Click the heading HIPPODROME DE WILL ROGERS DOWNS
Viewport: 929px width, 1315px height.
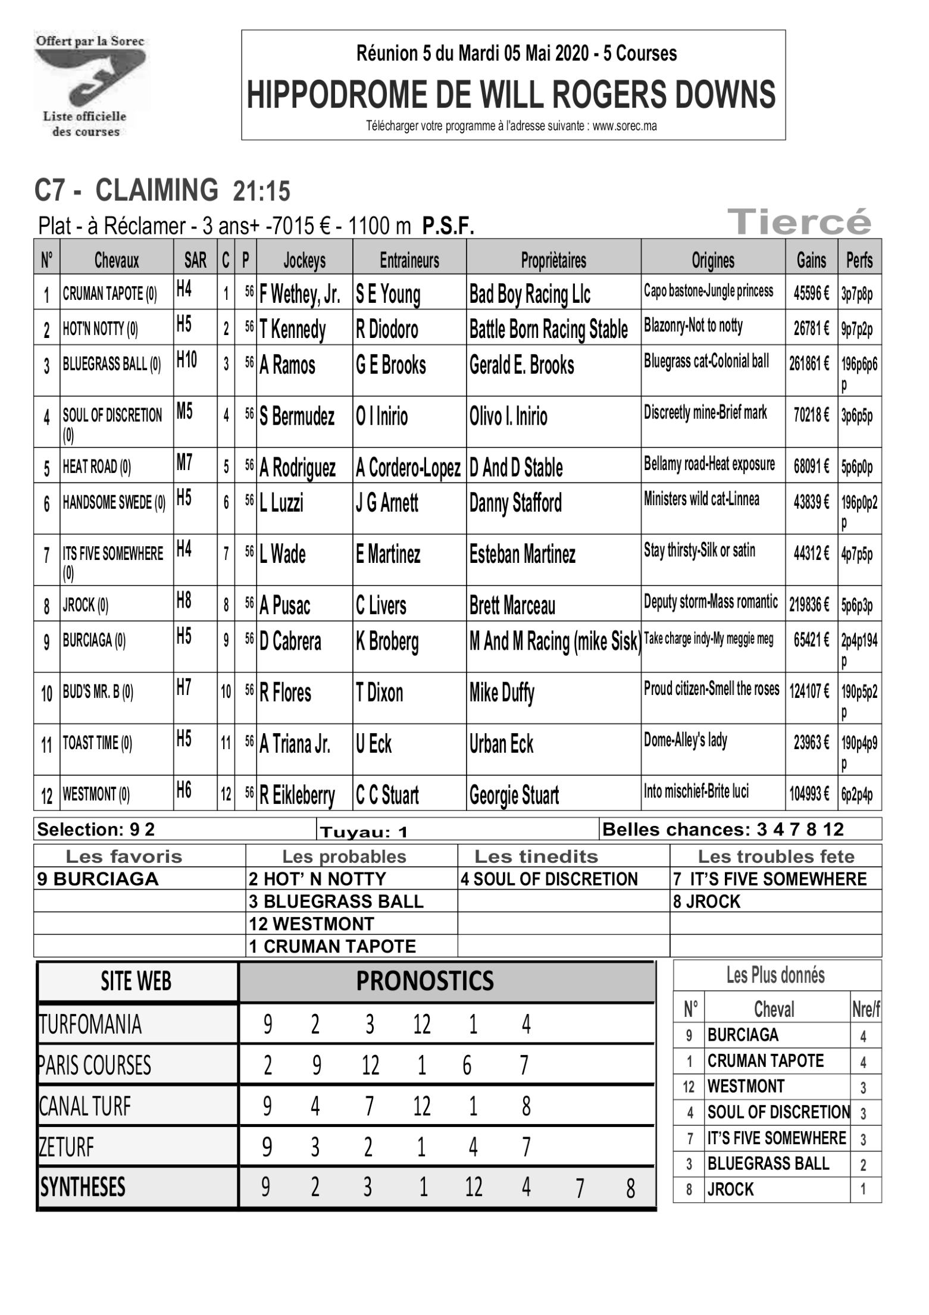point(512,94)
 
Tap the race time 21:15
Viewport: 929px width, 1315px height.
point(261,192)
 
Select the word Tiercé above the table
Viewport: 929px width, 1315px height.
point(803,223)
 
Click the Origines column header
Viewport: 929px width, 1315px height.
point(712,259)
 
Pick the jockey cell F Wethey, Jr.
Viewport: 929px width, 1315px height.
point(300,295)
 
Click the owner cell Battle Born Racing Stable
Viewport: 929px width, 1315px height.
point(548,329)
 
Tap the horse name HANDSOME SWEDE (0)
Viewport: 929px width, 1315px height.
point(114,503)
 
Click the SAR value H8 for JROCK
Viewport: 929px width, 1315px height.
point(184,602)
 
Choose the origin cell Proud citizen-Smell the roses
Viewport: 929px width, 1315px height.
point(711,689)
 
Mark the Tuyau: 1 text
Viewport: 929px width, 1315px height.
point(364,832)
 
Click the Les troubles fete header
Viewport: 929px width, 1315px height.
point(775,857)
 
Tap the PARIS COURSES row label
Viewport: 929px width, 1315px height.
point(95,1065)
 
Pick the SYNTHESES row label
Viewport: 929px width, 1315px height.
point(83,1187)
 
